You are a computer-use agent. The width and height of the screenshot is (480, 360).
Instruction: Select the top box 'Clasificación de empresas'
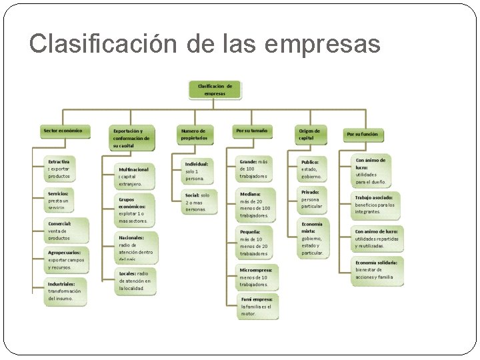tap(215, 89)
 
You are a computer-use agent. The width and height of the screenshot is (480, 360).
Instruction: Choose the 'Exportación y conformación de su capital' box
tap(132, 138)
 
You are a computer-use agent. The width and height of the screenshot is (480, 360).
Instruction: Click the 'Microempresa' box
tap(258, 277)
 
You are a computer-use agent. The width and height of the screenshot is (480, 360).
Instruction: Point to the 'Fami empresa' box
tap(257, 307)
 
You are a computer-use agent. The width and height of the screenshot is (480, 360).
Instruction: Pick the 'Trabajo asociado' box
tap(377, 205)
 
